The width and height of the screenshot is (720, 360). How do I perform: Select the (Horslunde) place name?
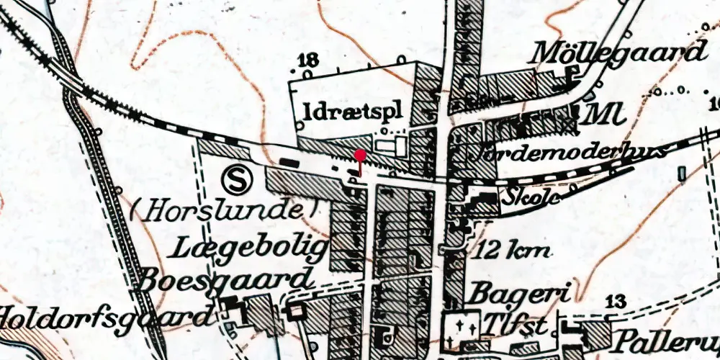coord(225,210)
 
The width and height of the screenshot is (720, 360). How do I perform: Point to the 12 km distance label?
coord(513,251)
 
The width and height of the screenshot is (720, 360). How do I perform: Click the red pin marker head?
coord(360,155)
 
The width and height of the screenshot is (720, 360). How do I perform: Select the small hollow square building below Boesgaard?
coord(294,312)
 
